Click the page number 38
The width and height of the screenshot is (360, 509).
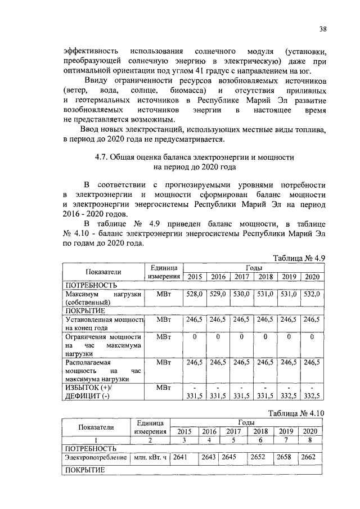point(322,29)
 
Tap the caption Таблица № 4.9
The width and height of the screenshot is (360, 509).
point(299,259)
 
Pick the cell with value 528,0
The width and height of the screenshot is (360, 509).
point(194,294)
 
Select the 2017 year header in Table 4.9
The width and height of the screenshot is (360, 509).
point(242,277)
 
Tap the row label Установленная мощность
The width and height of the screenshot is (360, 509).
point(105,319)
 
